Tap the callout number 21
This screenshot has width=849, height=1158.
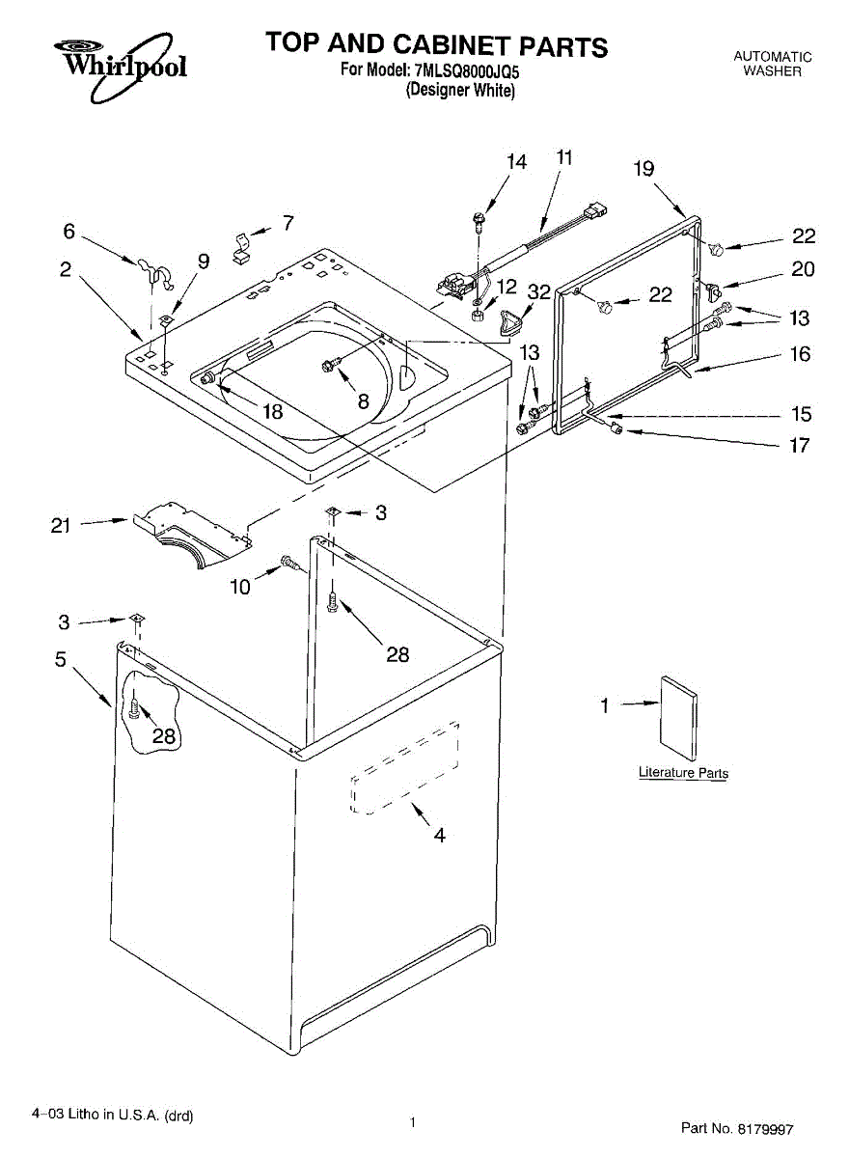(61, 526)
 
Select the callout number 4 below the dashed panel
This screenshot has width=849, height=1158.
(439, 836)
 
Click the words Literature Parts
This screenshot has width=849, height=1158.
(683, 773)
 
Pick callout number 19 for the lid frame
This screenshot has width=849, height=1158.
(644, 169)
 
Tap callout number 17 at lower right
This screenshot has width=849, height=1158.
(800, 446)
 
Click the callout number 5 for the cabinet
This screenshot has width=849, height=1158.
(60, 661)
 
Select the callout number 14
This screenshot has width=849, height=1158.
(517, 162)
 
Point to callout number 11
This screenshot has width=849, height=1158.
(564, 156)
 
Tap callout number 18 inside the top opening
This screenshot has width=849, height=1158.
(272, 411)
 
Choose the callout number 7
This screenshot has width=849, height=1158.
(288, 224)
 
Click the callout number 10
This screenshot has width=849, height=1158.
(240, 586)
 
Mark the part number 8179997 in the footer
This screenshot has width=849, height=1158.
(766, 1127)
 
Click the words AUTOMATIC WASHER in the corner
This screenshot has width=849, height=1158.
(773, 65)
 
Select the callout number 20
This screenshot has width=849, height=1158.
(803, 269)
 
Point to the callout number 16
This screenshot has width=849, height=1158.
(801, 354)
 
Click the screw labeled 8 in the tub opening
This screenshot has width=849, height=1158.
(331, 365)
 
